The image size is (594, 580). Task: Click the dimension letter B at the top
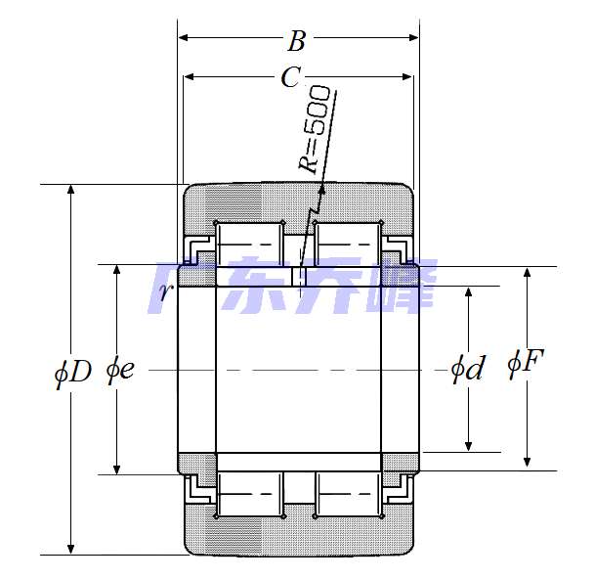pyautogui.click(x=296, y=41)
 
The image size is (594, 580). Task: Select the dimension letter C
pyautogui.click(x=291, y=77)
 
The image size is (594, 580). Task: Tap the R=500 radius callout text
pyautogui.click(x=315, y=129)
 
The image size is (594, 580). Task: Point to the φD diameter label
pyautogui.click(x=73, y=373)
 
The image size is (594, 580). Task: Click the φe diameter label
pyautogui.click(x=120, y=370)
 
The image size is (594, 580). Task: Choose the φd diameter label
pyautogui.click(x=468, y=369)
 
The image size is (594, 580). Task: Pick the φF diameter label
pyautogui.click(x=526, y=364)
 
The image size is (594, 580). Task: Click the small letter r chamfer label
pyautogui.click(x=166, y=292)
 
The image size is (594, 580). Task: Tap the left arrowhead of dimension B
pyautogui.click(x=184, y=37)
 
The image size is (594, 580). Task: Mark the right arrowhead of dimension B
pyautogui.click(x=413, y=37)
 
